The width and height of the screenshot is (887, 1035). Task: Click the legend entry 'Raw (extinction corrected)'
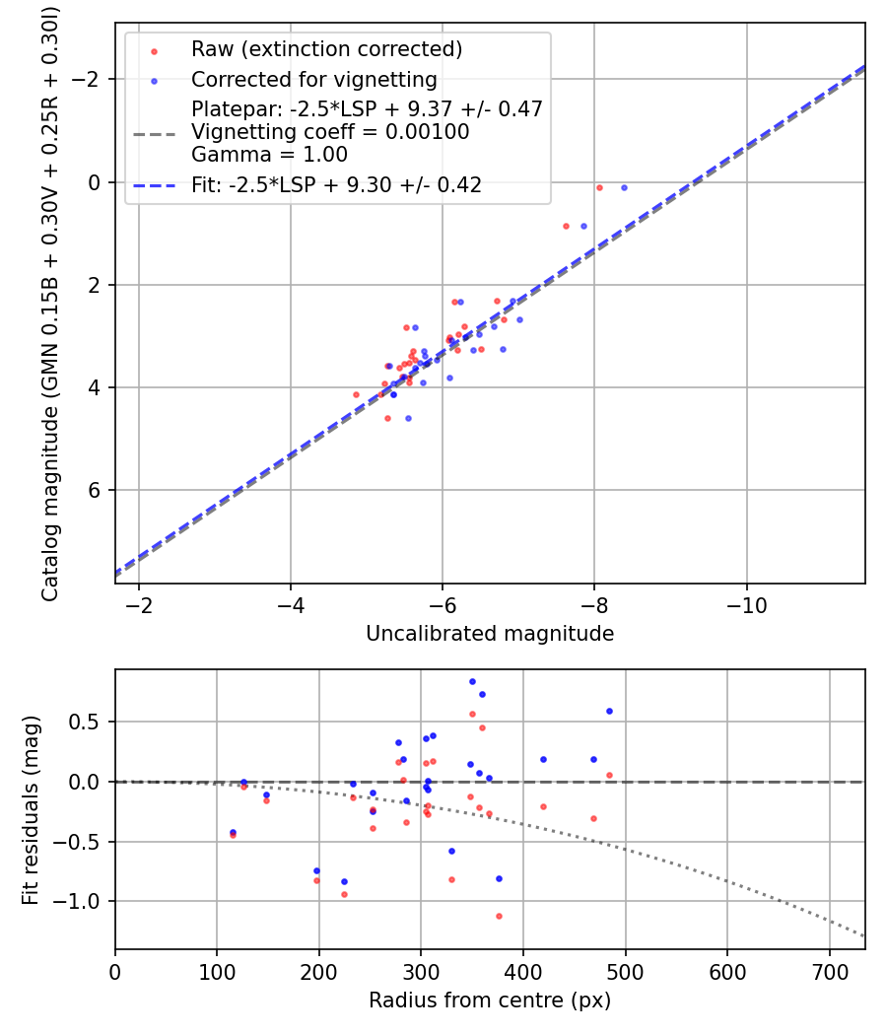click(x=326, y=49)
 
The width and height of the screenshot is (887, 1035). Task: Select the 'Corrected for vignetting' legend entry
click(x=313, y=79)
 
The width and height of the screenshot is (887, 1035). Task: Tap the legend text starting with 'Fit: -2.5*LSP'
click(x=336, y=184)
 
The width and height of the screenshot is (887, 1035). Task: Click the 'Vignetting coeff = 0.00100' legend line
click(x=330, y=132)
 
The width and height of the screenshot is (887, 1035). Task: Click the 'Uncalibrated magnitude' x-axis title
click(x=490, y=634)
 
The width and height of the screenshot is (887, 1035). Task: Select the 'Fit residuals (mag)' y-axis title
click(x=31, y=809)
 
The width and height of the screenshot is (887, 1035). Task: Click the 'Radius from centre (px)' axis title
click(x=490, y=1000)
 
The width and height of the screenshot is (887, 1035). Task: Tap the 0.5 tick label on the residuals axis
click(x=90, y=722)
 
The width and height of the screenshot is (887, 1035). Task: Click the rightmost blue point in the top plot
click(x=624, y=187)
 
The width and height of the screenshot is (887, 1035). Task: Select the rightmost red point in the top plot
click(x=599, y=187)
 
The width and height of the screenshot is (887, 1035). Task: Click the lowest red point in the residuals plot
click(x=499, y=916)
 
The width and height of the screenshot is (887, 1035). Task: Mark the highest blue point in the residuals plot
click(x=472, y=681)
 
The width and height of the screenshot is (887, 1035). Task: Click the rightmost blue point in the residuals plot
click(x=609, y=711)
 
